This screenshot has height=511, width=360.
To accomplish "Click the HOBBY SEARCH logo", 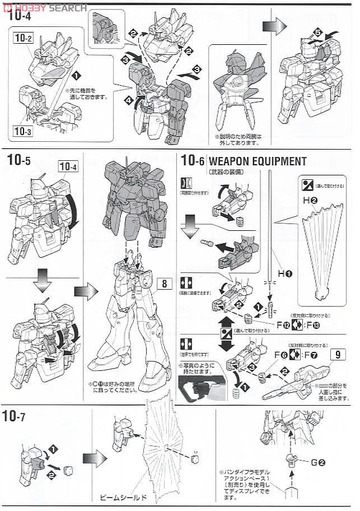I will pyautogui.click(x=45, y=7).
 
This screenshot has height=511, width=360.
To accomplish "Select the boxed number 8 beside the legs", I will pyautogui.click(x=165, y=283).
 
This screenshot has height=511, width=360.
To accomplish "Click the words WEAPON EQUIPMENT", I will pyautogui.click(x=258, y=161).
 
